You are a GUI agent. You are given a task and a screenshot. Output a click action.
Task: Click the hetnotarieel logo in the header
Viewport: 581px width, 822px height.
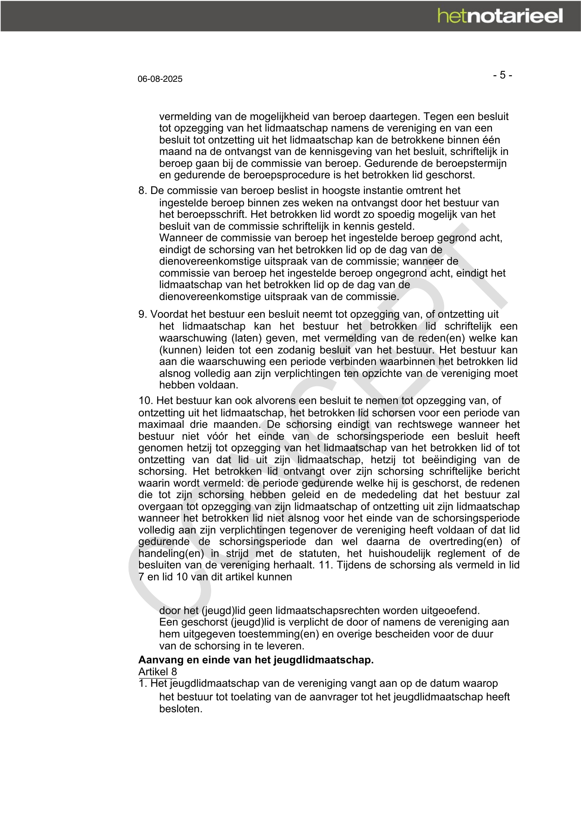pos(500,16)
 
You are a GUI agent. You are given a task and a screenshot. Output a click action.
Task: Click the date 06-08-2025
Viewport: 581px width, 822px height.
pos(160,79)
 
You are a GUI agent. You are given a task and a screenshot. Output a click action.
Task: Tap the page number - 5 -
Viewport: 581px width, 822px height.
pos(503,75)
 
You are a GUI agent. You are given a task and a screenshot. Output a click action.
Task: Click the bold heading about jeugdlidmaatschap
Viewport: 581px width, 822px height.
pos(256,660)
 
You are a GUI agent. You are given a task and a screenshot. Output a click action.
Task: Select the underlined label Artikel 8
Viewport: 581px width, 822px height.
pos(157,672)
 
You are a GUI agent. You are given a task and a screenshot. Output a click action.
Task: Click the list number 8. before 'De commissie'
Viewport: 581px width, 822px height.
pos(143,191)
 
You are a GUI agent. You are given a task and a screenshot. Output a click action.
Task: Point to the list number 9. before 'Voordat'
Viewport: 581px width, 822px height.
pos(143,314)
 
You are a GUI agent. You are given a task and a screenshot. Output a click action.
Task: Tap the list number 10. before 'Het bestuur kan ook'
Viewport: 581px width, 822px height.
pos(145,401)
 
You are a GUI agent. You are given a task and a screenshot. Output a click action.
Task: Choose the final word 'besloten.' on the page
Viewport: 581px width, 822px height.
pos(181,709)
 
